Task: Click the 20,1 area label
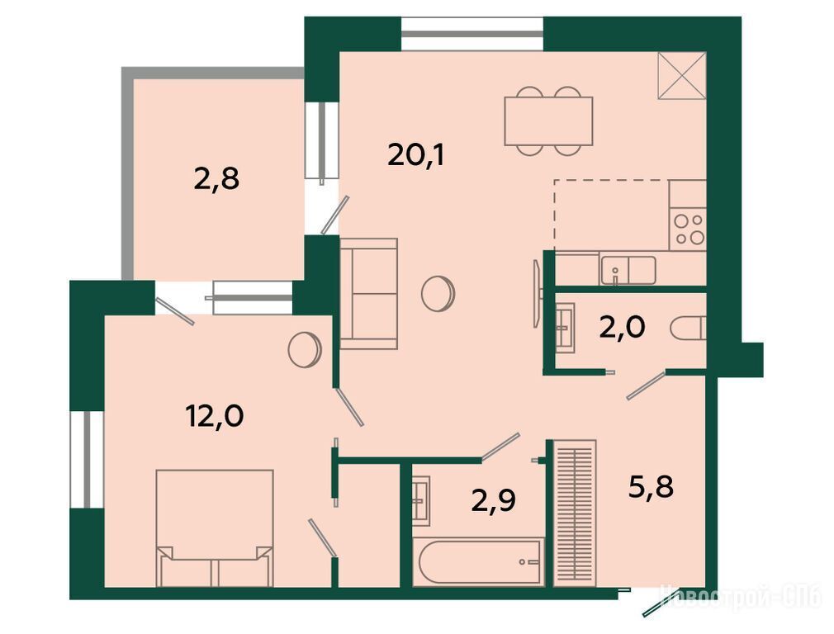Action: coord(415,156)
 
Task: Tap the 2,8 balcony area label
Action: coord(216,179)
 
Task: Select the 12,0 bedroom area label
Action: coord(215,415)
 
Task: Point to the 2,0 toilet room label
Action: coord(623,327)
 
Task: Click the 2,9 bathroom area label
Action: coord(494,500)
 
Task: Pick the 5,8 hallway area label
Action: coord(651,487)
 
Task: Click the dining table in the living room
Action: coord(548,121)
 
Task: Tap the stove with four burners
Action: coord(689,229)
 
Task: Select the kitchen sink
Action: coord(628,270)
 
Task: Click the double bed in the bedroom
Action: coord(215,528)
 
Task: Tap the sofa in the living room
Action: coord(368,294)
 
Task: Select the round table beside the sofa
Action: coord(438,292)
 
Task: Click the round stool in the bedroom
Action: coord(305,349)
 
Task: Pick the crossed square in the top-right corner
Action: coord(682,75)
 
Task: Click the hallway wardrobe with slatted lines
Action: coord(575,513)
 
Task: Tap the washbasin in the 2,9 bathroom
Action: coord(421,502)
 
